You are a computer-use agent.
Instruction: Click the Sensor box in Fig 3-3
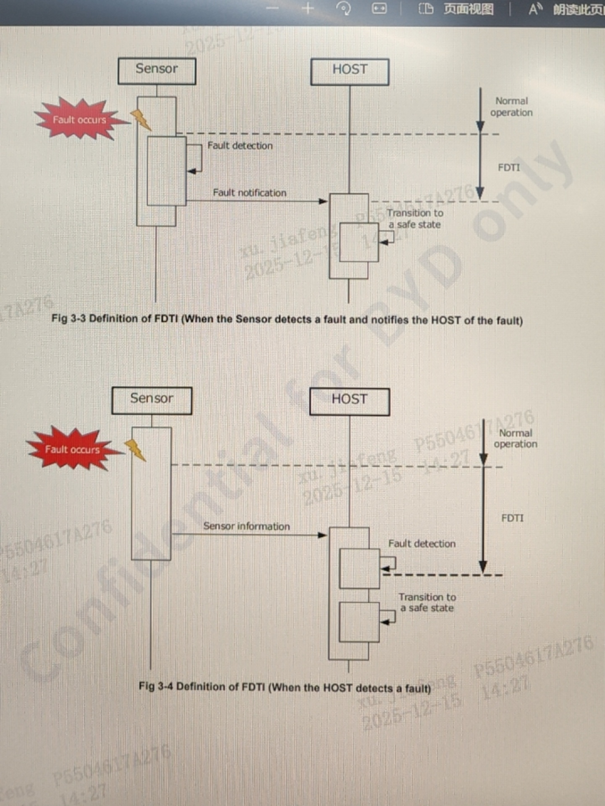(x=157, y=71)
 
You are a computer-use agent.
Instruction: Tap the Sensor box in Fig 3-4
(x=152, y=400)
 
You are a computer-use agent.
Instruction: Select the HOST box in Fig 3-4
(x=350, y=401)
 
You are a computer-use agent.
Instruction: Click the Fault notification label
(x=250, y=193)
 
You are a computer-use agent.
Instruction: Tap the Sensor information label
(x=247, y=526)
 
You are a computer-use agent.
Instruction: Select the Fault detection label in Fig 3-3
(x=240, y=146)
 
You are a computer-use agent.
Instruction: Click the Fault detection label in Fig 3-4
(x=422, y=544)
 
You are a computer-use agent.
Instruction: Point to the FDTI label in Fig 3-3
(x=509, y=167)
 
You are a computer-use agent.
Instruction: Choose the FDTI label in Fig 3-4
(x=513, y=518)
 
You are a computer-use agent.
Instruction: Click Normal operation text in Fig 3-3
(x=511, y=107)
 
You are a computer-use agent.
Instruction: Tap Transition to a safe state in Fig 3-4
(x=427, y=602)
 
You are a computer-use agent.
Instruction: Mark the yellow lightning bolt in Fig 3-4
(x=135, y=450)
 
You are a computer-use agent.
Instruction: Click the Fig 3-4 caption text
(x=285, y=687)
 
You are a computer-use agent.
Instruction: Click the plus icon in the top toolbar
(x=308, y=8)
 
